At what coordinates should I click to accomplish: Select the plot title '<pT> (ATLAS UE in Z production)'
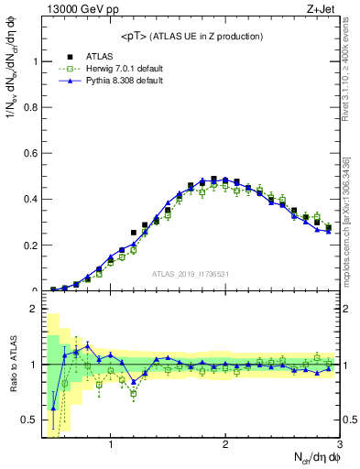click(191, 36)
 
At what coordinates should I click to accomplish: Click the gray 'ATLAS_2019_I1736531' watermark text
click(191, 274)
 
